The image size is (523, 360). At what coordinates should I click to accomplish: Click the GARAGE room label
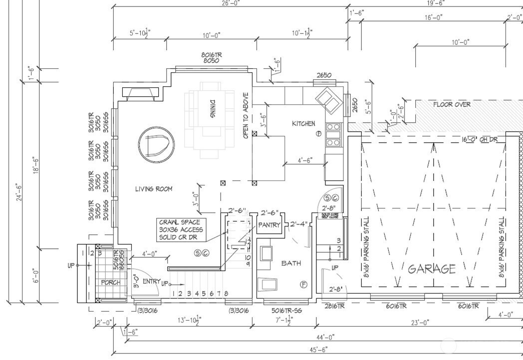(x=432, y=269)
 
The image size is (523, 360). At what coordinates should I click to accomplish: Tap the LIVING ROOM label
(x=154, y=189)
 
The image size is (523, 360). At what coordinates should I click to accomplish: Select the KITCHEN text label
(x=303, y=123)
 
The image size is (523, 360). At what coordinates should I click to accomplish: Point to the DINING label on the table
(x=213, y=109)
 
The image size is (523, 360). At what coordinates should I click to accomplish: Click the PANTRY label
(x=269, y=225)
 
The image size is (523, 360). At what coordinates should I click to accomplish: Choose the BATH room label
(x=290, y=263)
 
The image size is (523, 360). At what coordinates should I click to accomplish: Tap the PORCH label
(x=111, y=282)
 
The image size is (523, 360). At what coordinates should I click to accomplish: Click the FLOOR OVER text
(x=452, y=105)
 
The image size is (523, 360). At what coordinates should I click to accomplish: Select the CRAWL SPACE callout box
(x=181, y=230)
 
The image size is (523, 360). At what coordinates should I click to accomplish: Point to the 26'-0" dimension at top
(x=231, y=3)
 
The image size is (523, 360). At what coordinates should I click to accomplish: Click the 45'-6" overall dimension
(x=318, y=350)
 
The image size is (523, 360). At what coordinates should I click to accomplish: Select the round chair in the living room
(x=153, y=145)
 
